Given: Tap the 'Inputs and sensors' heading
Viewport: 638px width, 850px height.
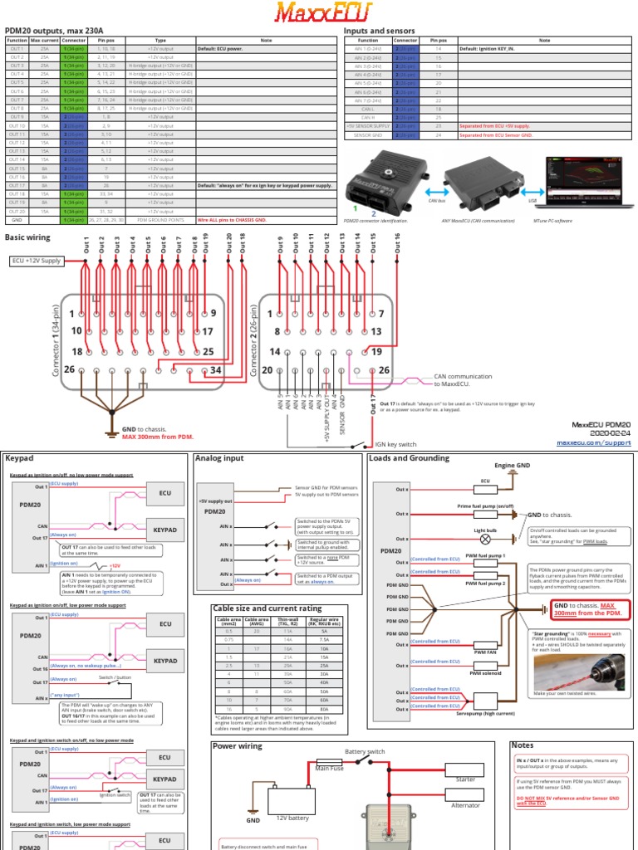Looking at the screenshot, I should [379, 30].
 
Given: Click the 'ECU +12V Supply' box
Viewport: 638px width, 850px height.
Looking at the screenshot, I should [37, 260].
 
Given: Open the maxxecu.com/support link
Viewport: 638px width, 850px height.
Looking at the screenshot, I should [594, 443].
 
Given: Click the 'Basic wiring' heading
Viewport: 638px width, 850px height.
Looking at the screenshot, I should [27, 237].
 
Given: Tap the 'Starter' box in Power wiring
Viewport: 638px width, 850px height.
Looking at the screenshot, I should [465, 779].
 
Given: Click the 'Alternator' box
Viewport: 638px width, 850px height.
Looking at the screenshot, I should [465, 804].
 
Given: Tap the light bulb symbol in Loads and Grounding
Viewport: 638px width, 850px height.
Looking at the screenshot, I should [486, 539].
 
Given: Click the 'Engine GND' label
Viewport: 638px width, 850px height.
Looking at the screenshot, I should [510, 467].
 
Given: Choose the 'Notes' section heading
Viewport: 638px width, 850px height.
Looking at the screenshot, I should [523, 745].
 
